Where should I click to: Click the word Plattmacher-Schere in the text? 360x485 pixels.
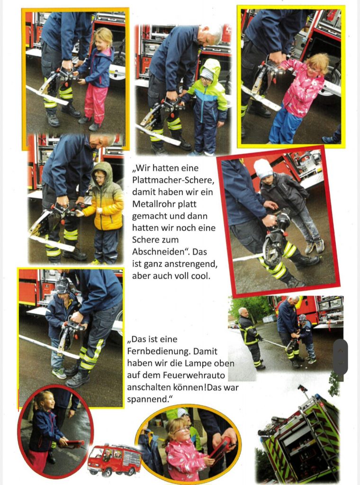(x=173, y=180)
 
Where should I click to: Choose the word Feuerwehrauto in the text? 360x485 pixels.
(x=195, y=375)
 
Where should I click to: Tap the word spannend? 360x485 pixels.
(x=147, y=399)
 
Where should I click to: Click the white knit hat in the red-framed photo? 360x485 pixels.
(x=263, y=169)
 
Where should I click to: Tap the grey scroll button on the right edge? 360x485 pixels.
(x=340, y=357)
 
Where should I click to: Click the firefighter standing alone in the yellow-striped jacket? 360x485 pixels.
(x=250, y=338)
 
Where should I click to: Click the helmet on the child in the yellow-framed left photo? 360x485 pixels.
(x=63, y=286)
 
